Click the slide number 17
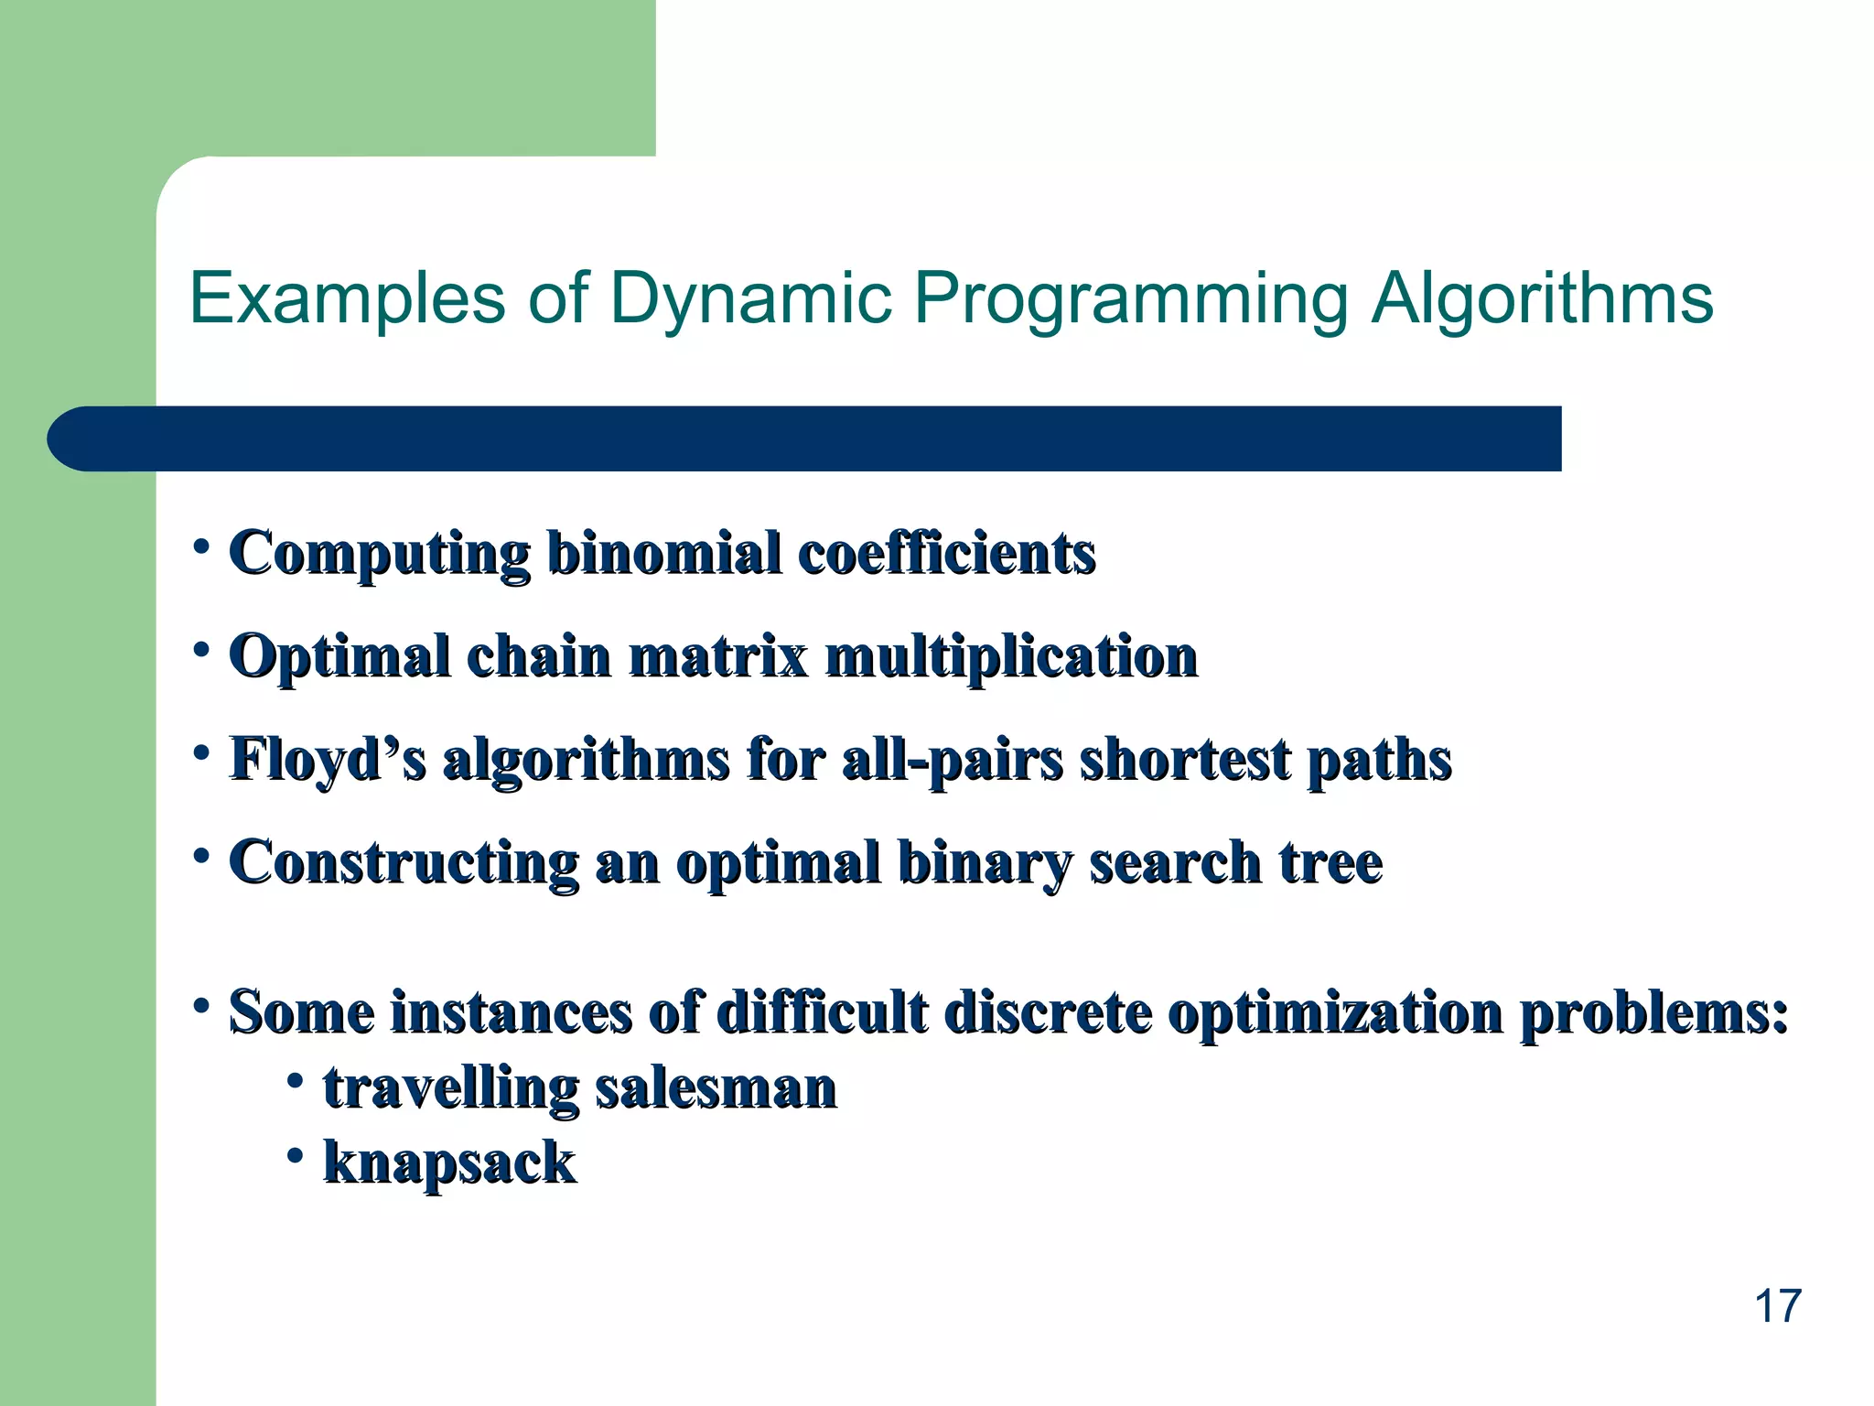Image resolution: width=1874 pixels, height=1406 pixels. click(x=1777, y=1306)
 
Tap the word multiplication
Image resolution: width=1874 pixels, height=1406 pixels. click(x=1011, y=657)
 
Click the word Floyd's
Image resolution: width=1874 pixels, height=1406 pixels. click(x=327, y=760)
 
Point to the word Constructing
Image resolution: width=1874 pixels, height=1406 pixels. click(x=403, y=863)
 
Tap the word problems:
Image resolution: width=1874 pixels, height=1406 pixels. click(x=1654, y=1013)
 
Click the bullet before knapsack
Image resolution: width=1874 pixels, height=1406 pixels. click(x=295, y=1156)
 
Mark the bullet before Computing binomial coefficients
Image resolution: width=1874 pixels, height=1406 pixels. click(x=200, y=546)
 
